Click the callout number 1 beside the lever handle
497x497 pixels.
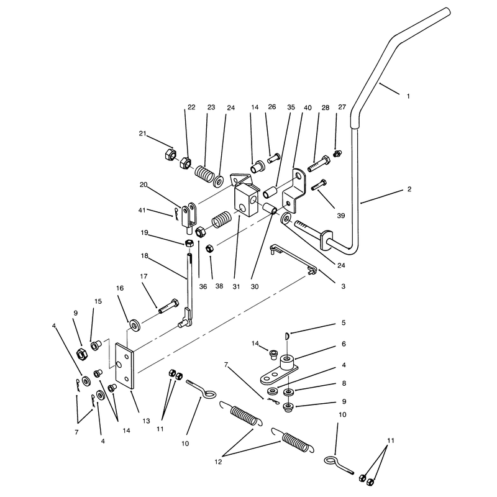[x=408, y=96]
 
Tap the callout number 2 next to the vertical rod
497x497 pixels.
[x=409, y=189]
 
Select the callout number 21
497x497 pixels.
[x=143, y=134]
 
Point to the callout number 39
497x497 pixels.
[x=340, y=216]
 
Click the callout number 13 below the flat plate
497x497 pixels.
[x=146, y=421]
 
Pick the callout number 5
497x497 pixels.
[x=344, y=322]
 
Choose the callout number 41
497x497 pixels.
[x=142, y=210]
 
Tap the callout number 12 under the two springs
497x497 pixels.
[x=218, y=462]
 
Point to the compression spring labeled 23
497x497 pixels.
[x=204, y=174]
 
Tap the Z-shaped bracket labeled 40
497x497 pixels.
[x=294, y=190]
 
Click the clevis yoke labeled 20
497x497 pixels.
[x=190, y=214]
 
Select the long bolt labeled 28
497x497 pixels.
[x=319, y=163]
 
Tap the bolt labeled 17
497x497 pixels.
[x=168, y=306]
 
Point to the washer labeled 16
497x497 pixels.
[x=135, y=326]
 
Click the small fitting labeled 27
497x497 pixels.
[x=337, y=153]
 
